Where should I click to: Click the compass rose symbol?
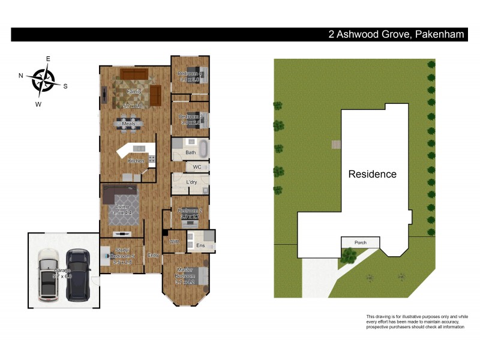pos(43,80)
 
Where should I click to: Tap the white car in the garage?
pos(48,275)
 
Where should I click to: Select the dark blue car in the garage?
pos(77,275)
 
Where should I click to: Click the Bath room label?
pos(190,152)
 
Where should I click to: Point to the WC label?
pos(197,167)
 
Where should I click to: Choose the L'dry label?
pos(192,182)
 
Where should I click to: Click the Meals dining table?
pos(129,125)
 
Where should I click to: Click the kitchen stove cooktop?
pos(152,160)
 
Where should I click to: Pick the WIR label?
pos(175,242)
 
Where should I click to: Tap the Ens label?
pos(200,245)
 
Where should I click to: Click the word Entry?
pos(154,254)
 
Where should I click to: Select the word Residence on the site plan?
pos(373,175)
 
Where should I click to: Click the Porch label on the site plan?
pos(360,243)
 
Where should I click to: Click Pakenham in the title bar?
pos(439,35)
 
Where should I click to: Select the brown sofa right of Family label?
pos(155,94)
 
